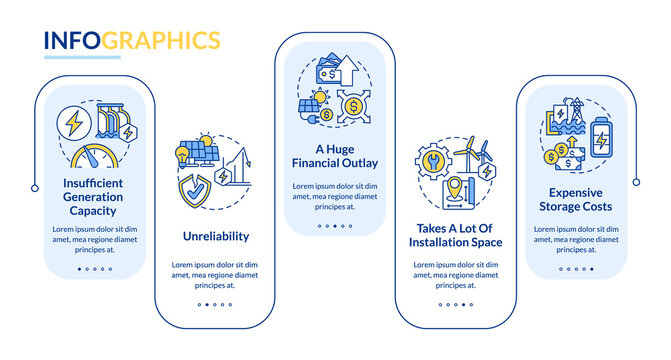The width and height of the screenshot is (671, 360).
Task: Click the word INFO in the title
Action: tap(72, 41)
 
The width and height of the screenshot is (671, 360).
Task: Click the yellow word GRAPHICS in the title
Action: tap(162, 41)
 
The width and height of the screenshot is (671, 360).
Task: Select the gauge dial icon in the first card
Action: tap(96, 161)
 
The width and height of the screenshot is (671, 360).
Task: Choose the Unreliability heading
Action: tap(216, 237)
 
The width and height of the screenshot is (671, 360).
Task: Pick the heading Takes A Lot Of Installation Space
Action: tap(455, 235)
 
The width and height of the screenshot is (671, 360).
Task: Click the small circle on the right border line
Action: tap(635, 182)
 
